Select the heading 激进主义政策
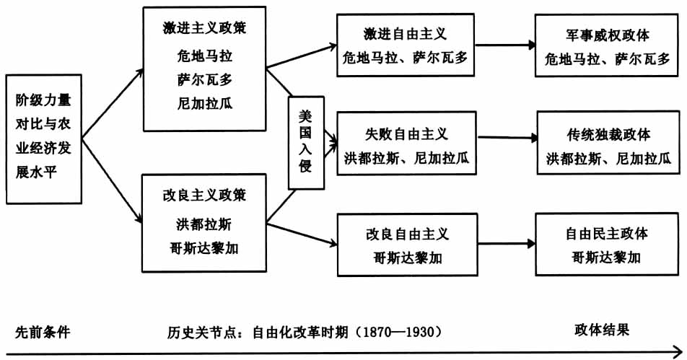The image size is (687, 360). tap(204, 29)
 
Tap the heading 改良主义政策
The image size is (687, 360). tap(204, 196)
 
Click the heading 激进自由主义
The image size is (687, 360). tap(406, 34)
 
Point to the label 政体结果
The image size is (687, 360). tap(602, 330)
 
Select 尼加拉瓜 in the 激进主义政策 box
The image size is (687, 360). tap(204, 102)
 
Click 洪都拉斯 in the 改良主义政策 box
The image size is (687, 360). tap(204, 222)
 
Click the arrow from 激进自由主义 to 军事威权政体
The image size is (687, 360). tap(504, 45)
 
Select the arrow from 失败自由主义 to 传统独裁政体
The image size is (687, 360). tap(505, 136)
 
